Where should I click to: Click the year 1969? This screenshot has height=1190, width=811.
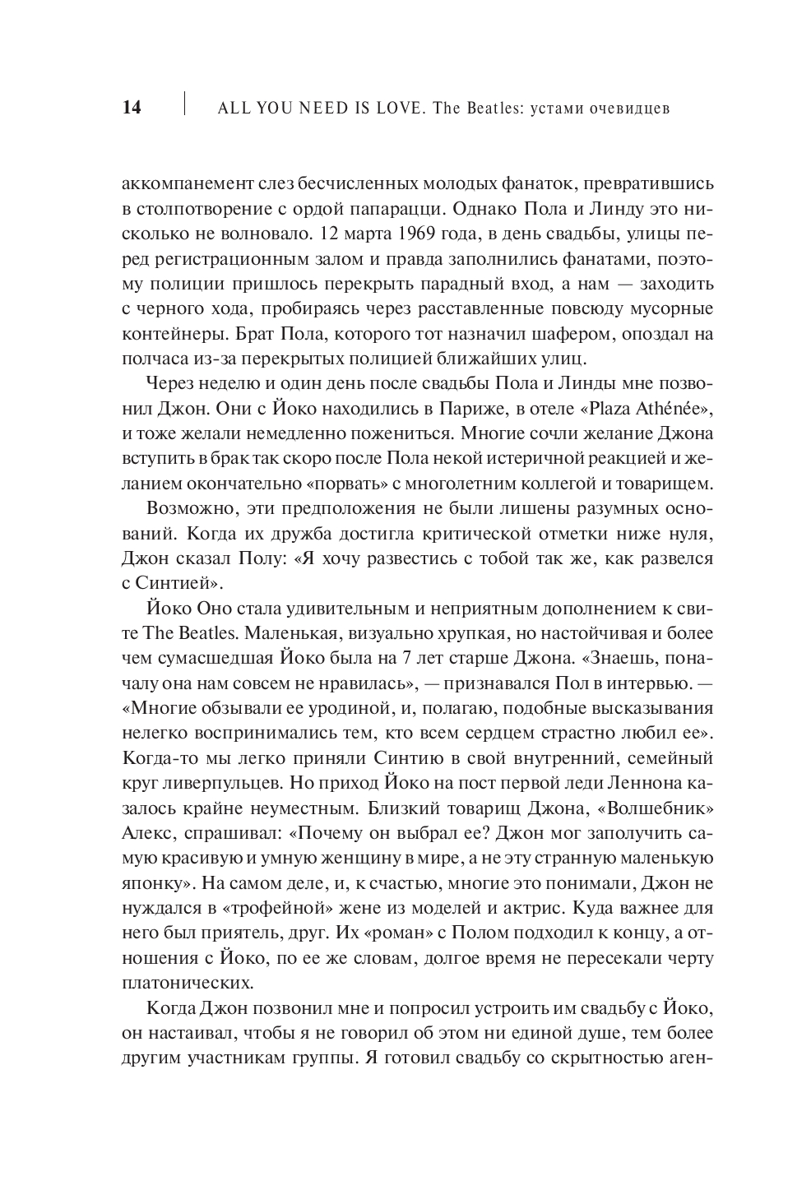point(420,234)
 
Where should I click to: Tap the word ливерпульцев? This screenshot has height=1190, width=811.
point(225,782)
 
